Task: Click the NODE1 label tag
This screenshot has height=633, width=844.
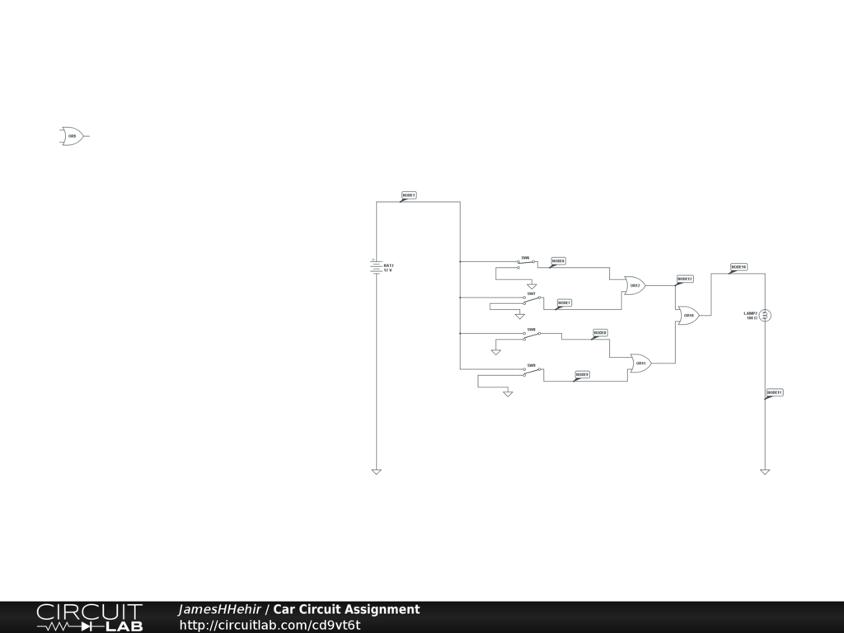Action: tap(409, 195)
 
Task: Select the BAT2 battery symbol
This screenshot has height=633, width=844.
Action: tap(377, 266)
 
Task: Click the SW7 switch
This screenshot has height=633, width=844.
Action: tap(532, 299)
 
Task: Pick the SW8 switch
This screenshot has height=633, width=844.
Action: tap(532, 335)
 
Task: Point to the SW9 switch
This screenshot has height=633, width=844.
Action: tap(532, 370)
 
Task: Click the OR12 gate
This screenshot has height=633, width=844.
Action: tap(634, 286)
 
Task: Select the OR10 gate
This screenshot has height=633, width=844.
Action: tap(687, 315)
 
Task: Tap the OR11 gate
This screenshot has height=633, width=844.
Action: tap(640, 363)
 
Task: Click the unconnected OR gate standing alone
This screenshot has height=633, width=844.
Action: tap(72, 136)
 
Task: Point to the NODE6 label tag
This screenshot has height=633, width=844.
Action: tap(559, 260)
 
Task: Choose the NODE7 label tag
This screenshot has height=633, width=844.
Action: tap(564, 302)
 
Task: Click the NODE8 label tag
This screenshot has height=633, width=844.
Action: tap(600, 333)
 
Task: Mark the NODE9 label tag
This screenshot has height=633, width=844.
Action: tap(582, 374)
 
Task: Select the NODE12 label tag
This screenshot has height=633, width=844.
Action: tap(685, 279)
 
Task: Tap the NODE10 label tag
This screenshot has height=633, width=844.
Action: tap(738, 267)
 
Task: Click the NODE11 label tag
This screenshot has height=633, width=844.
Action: tap(775, 392)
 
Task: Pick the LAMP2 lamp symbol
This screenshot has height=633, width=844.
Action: tap(765, 315)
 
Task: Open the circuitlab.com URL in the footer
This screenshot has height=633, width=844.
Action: tap(270, 625)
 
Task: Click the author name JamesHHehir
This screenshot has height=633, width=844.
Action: tap(219, 609)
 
